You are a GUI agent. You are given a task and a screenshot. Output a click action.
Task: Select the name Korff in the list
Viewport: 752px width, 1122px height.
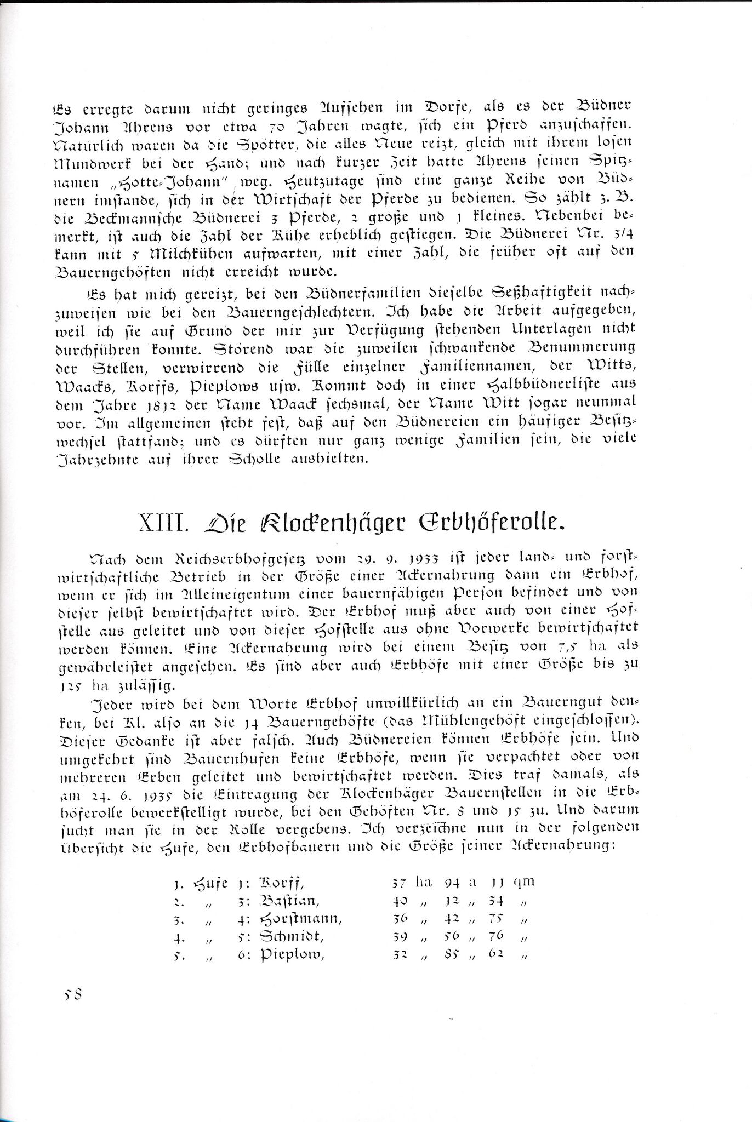point(280,883)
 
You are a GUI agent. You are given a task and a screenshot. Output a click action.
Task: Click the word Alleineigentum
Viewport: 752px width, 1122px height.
point(218,593)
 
